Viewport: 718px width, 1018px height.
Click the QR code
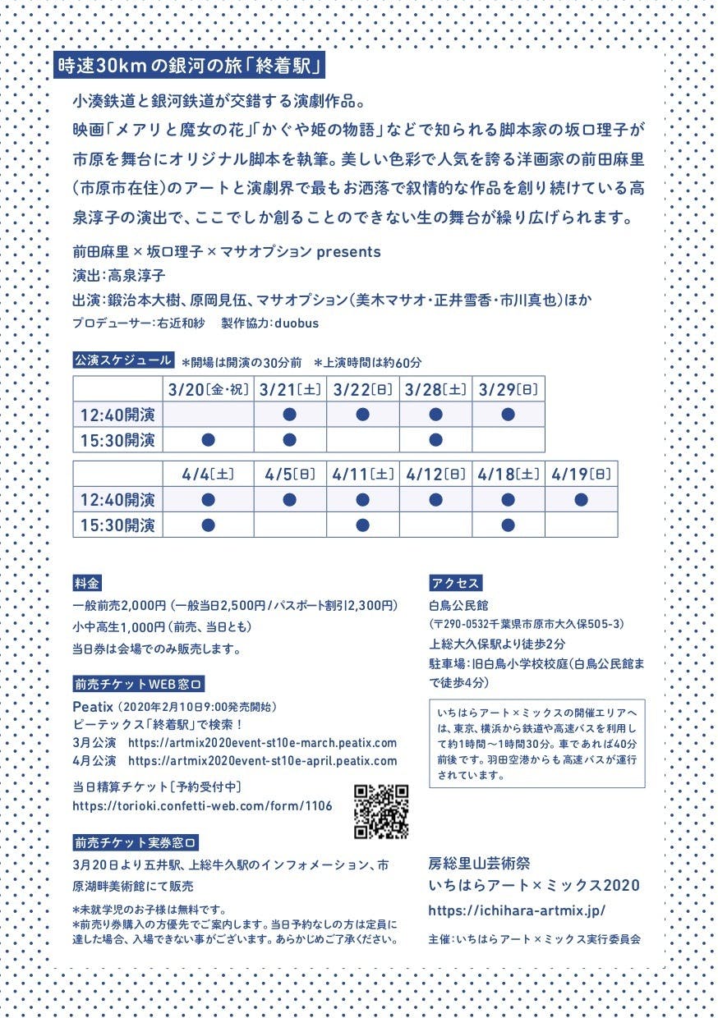point(382,812)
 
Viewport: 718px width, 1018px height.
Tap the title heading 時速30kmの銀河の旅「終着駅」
point(191,65)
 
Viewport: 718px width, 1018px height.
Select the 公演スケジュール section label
point(123,360)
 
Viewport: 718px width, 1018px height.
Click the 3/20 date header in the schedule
point(208,388)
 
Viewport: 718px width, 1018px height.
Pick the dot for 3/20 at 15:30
point(208,440)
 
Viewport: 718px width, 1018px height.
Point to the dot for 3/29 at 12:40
point(508,415)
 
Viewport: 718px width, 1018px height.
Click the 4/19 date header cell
point(581,474)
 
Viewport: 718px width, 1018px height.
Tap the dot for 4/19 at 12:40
point(581,499)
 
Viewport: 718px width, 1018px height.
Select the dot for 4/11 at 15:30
point(363,525)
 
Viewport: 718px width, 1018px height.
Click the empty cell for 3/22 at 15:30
point(363,440)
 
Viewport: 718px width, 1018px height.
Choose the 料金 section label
point(88,583)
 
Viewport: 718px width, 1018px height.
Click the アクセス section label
point(456,583)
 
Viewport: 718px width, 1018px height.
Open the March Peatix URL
point(263,743)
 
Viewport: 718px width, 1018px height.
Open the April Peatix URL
point(263,761)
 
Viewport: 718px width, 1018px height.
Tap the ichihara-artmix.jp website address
point(517,910)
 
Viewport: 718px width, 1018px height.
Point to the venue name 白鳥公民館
point(458,605)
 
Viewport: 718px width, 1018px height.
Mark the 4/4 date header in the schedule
point(208,474)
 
